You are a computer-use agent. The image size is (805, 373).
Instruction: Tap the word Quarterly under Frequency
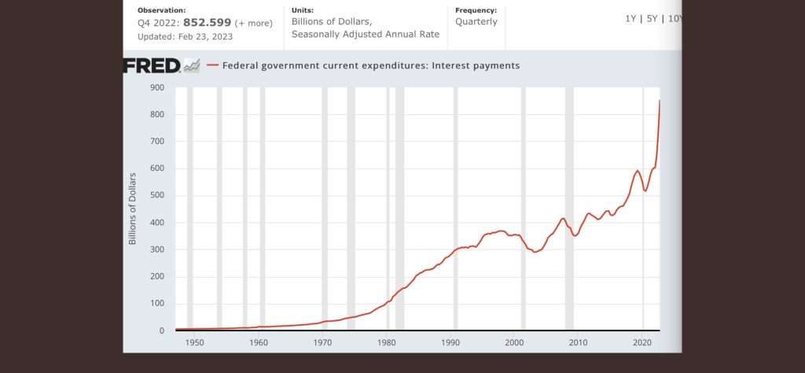click(476, 22)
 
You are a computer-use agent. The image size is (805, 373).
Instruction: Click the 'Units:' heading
click(303, 10)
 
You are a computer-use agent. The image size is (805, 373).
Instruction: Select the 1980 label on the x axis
click(386, 343)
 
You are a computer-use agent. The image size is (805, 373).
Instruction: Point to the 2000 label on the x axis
click(514, 343)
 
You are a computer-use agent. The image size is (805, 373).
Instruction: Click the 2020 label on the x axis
click(642, 343)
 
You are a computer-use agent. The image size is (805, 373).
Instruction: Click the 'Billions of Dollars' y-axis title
click(133, 209)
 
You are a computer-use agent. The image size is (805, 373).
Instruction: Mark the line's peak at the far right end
click(660, 101)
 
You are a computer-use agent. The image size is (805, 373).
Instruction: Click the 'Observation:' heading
click(162, 10)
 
